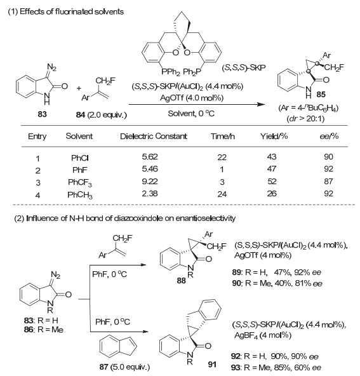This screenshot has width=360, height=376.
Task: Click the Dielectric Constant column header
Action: [x=154, y=136]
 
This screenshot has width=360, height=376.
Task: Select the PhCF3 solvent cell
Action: [x=80, y=183]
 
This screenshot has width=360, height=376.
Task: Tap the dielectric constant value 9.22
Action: [x=150, y=181]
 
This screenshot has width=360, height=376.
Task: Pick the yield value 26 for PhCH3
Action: [x=272, y=194]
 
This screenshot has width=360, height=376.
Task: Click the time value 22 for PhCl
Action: [x=222, y=157]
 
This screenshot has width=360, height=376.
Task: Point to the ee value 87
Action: [x=328, y=181]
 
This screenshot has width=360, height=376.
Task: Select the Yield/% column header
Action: [x=274, y=136]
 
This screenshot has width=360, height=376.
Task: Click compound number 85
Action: [x=321, y=94]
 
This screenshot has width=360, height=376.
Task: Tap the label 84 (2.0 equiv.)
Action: [x=101, y=115]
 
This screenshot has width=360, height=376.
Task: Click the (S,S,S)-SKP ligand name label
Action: [x=244, y=67]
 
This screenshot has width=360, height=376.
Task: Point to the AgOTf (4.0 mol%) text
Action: [x=192, y=98]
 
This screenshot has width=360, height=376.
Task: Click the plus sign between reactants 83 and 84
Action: [x=79, y=88]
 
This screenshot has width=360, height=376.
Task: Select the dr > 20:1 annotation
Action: [x=305, y=119]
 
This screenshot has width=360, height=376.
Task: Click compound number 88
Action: [x=182, y=280]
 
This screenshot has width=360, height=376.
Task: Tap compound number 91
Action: [x=212, y=365]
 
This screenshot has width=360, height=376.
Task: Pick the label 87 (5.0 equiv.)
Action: [x=124, y=367]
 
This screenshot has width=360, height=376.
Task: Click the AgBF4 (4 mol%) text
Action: [x=263, y=335]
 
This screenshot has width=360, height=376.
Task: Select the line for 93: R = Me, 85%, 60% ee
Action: [x=276, y=367]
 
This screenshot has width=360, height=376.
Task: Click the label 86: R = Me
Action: [x=44, y=330]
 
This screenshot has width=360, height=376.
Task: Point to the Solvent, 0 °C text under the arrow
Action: [x=191, y=113]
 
